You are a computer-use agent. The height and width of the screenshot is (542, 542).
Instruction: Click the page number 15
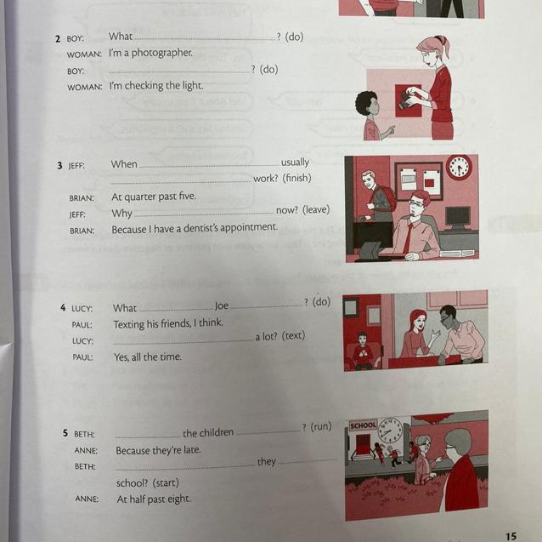pyautogui.click(x=511, y=536)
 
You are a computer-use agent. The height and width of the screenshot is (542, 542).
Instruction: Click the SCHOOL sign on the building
pyautogui.click(x=363, y=425)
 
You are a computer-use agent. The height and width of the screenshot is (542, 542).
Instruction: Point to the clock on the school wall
pyautogui.click(x=390, y=431)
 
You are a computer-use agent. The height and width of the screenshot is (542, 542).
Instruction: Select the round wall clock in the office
pyautogui.click(x=459, y=167)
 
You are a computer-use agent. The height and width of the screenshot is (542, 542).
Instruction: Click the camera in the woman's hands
pyautogui.click(x=408, y=99)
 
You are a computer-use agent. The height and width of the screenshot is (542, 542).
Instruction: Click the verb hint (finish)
pyautogui.click(x=296, y=178)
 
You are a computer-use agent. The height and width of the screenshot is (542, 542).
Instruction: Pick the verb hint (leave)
pyautogui.click(x=316, y=210)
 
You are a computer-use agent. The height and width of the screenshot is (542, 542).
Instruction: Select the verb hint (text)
pyautogui.click(x=293, y=335)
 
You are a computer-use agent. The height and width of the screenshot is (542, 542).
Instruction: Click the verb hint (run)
pyautogui.click(x=321, y=426)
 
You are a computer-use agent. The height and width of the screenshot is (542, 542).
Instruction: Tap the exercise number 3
pyautogui.click(x=59, y=165)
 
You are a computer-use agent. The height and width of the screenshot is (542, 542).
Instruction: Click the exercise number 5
pyautogui.click(x=65, y=433)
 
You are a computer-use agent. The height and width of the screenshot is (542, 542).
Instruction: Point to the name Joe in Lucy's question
pyautogui.click(x=222, y=306)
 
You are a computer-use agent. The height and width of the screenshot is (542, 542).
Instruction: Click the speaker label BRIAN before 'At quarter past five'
pyautogui.click(x=82, y=198)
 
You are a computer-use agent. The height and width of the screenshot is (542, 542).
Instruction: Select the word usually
pyautogui.click(x=295, y=163)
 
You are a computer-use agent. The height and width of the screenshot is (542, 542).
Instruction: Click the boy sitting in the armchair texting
pyautogui.click(x=362, y=350)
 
